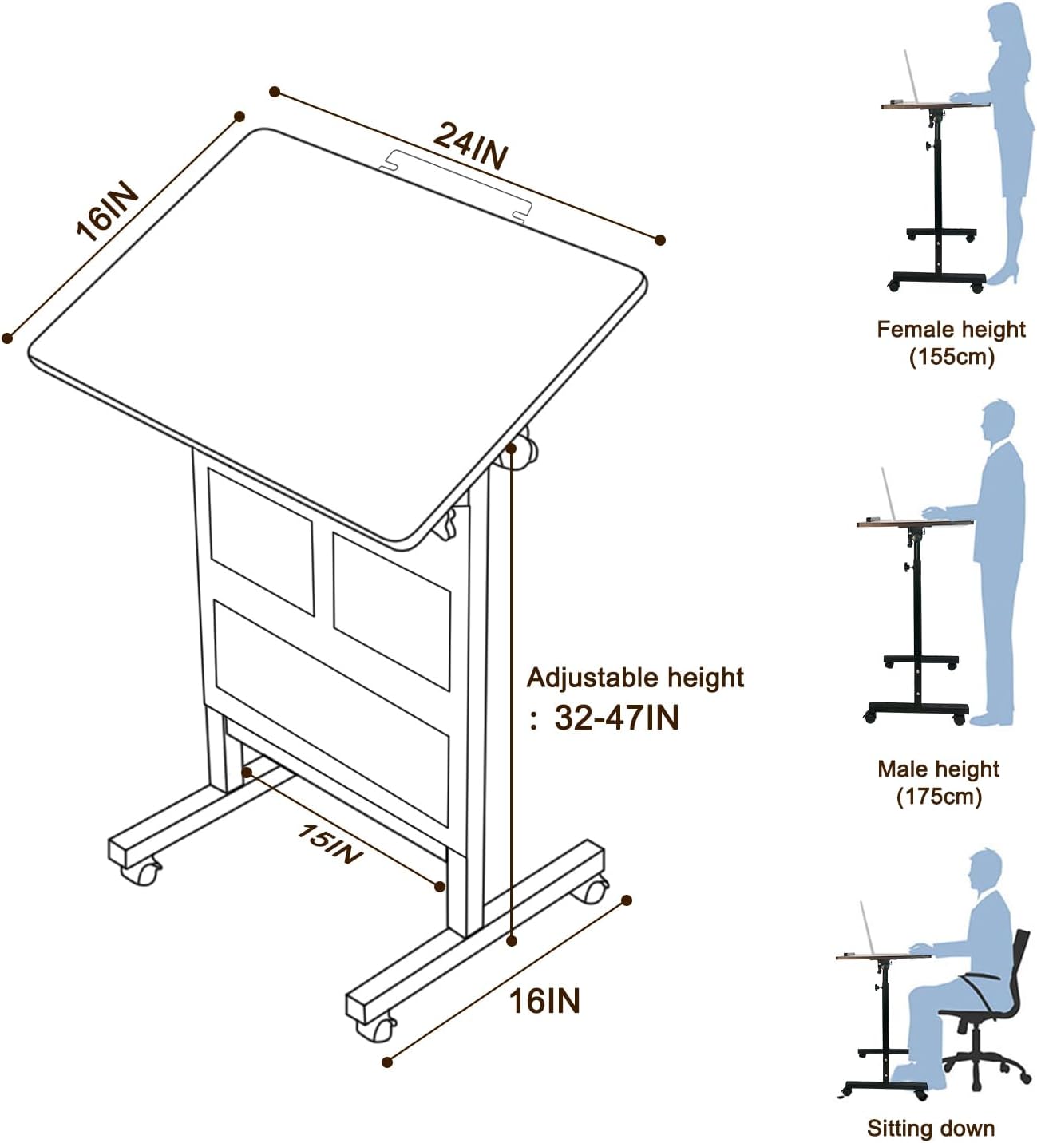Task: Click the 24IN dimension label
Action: click(470, 145)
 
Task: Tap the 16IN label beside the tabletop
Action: click(107, 212)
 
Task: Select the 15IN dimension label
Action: click(329, 844)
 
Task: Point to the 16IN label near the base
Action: click(544, 1001)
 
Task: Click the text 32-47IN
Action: click(615, 718)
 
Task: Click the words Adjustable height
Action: click(635, 678)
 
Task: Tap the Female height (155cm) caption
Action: click(951, 342)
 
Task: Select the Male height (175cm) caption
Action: click(938, 782)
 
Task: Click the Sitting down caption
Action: click(931, 1128)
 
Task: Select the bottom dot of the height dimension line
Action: click(512, 941)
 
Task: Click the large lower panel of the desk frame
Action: click(331, 710)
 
